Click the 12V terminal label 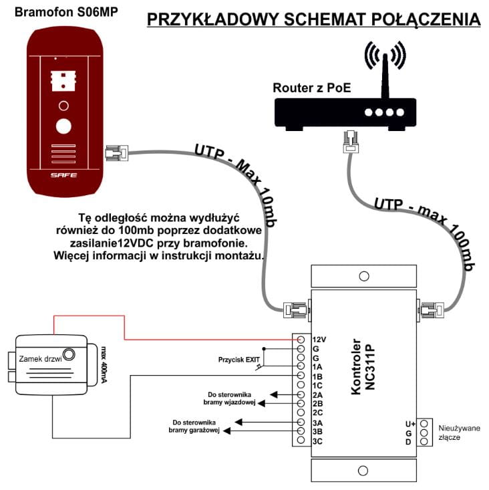pos(319,340)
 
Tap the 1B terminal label pos(318,376)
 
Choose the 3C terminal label pos(318,441)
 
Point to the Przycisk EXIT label pos(238,360)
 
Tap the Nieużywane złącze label pos(459,432)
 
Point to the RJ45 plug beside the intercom pos(116,153)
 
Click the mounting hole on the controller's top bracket pos(363,276)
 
